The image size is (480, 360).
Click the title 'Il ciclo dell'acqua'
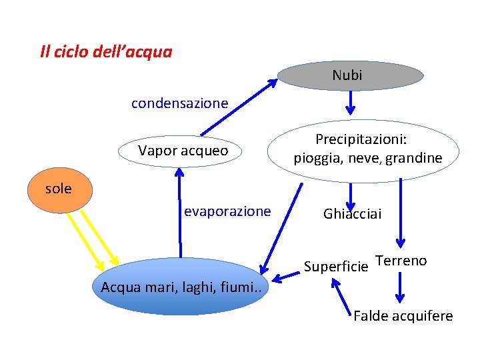pyautogui.click(x=106, y=52)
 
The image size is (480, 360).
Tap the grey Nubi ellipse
pyautogui.click(x=351, y=75)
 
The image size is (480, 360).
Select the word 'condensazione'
pyautogui.click(x=179, y=103)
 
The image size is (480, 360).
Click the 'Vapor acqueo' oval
pyautogui.click(x=183, y=151)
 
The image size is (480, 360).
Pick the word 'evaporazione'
pyautogui.click(x=227, y=211)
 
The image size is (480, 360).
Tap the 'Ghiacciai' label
pyautogui.click(x=352, y=214)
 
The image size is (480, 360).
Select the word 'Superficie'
pyautogui.click(x=335, y=267)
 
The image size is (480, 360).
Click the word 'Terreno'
pyautogui.click(x=401, y=261)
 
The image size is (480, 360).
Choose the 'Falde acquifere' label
pyautogui.click(x=403, y=315)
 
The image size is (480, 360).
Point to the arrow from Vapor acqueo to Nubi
pyautogui.click(x=239, y=107)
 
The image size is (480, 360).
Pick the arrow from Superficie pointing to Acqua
pyautogui.click(x=289, y=273)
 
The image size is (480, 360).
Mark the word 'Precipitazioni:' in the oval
pyautogui.click(x=361, y=140)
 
